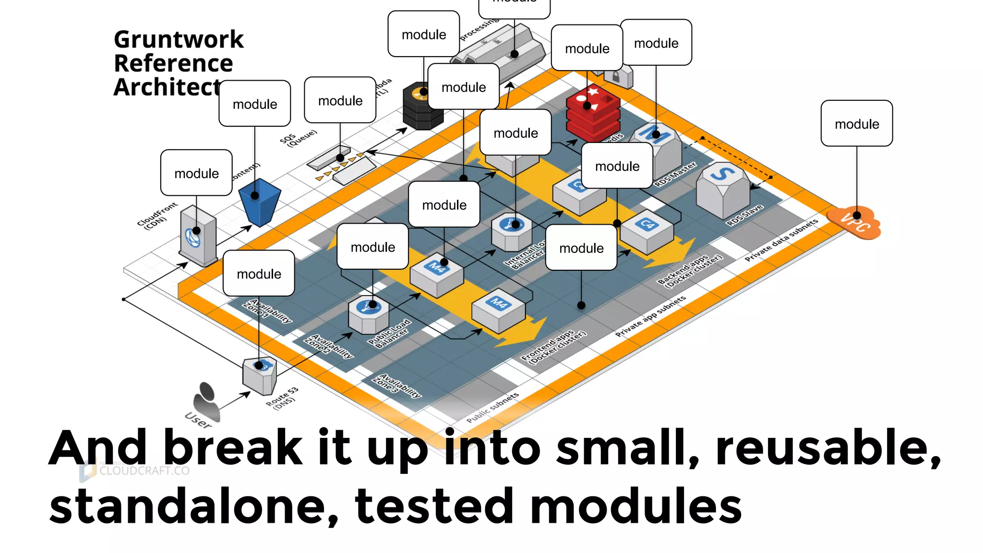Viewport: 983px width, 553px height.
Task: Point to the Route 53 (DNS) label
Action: click(282, 398)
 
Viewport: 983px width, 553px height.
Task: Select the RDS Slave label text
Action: click(744, 215)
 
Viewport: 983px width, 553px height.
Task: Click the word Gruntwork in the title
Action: click(179, 39)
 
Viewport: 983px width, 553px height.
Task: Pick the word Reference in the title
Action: click(173, 63)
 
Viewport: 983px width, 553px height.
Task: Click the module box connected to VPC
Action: click(856, 123)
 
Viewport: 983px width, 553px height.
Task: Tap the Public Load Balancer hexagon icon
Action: click(369, 314)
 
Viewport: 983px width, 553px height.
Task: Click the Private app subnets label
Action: click(650, 316)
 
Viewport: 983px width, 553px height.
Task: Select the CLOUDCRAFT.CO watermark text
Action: click(144, 471)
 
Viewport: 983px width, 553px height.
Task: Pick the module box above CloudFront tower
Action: click(196, 173)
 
